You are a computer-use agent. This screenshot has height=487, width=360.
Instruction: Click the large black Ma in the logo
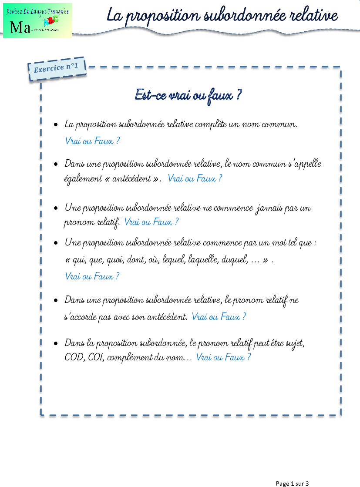20,27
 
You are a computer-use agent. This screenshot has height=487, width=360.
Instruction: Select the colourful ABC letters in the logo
50,20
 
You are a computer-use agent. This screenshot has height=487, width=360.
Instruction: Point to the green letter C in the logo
55,19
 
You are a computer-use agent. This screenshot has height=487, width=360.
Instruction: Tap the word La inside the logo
28,11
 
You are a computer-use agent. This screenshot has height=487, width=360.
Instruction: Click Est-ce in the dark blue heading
151,94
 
